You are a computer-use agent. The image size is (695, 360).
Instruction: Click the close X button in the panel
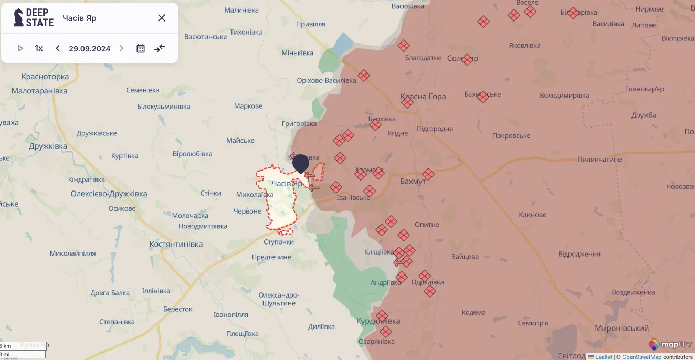162,18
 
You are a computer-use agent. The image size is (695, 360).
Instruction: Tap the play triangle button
20,48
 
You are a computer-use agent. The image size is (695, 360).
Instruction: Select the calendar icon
141,48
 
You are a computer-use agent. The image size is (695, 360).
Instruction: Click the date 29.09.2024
89,49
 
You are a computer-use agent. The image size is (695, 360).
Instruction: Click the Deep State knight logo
18,18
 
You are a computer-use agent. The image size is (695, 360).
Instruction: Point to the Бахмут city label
413,181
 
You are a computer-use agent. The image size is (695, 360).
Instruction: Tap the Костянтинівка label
176,245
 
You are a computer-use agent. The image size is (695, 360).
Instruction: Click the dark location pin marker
301,163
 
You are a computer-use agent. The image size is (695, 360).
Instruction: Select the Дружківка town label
49,146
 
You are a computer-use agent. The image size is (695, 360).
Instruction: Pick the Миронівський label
622,328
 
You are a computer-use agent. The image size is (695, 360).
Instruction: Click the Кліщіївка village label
380,252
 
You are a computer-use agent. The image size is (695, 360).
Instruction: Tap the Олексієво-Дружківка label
109,194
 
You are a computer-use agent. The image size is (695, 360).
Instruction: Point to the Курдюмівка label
378,321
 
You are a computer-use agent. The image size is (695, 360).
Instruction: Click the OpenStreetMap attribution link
641,357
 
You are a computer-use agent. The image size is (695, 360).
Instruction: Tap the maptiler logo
670,345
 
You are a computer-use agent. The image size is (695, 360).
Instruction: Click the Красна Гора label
423,97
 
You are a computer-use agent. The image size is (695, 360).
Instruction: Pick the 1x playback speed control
39,48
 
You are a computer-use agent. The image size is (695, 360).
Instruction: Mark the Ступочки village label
279,242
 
